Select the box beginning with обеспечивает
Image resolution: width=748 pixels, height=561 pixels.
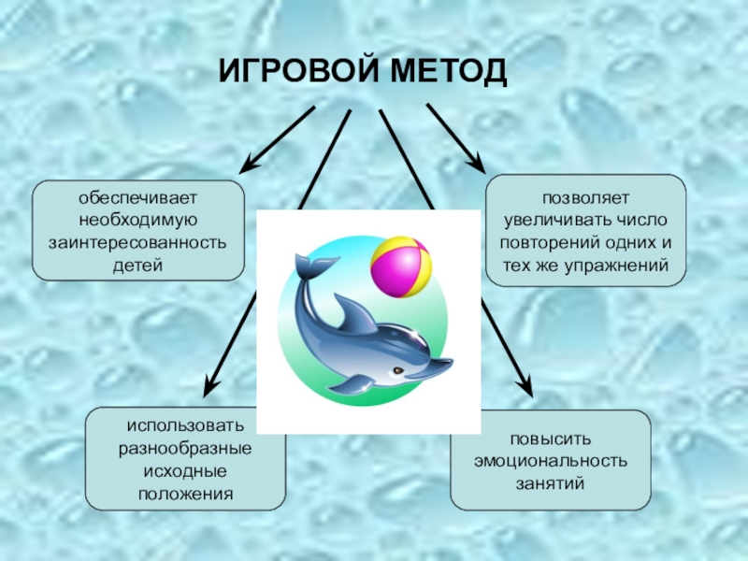pos(138,231)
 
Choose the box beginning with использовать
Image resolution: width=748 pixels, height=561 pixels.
pos(186,459)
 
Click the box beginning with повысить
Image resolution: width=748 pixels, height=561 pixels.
pos(550,459)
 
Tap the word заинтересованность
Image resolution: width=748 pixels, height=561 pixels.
pos(138,243)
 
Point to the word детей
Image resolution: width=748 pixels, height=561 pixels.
pos(138,266)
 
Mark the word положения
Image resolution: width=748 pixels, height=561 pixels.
pos(186,492)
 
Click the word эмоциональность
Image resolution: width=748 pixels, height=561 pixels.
pos(550,460)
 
